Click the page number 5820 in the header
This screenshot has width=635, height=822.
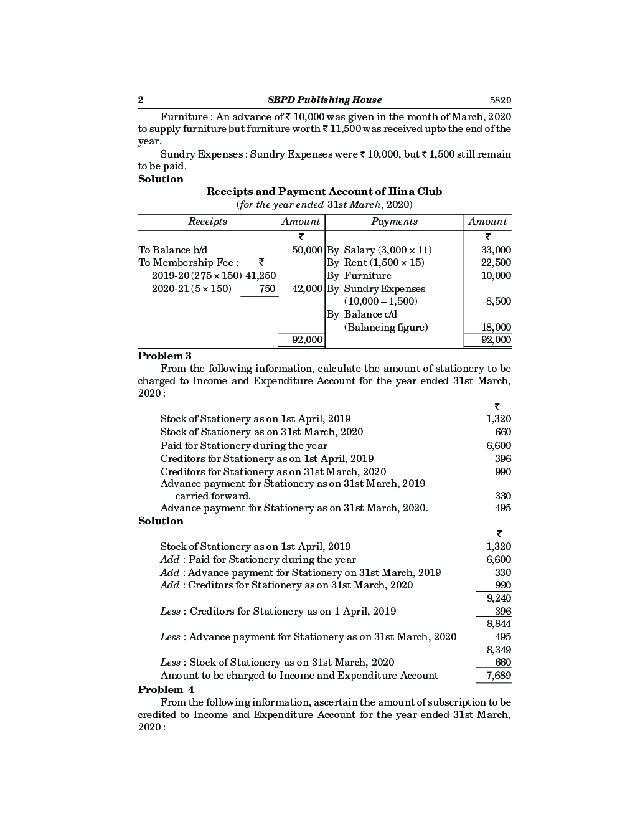(500, 100)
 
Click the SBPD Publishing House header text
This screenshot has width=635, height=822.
(324, 100)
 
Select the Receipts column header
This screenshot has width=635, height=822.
(207, 222)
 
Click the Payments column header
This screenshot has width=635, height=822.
(394, 222)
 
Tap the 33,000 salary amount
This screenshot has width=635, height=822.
(496, 250)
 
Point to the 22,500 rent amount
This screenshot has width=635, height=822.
(496, 263)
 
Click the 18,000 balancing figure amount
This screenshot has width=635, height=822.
(496, 328)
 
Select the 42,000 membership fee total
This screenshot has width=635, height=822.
(308, 289)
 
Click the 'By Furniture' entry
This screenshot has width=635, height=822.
(359, 276)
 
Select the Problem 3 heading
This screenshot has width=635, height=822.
(164, 356)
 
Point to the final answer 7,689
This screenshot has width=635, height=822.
(499, 676)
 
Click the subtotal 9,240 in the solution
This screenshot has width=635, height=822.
(499, 598)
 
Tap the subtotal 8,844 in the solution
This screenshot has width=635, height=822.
(499, 624)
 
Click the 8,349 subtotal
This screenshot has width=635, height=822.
(499, 650)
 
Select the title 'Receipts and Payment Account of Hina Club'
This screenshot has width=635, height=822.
(324, 192)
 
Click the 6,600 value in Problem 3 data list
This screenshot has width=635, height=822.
(499, 446)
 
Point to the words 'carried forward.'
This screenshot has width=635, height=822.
(213, 496)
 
